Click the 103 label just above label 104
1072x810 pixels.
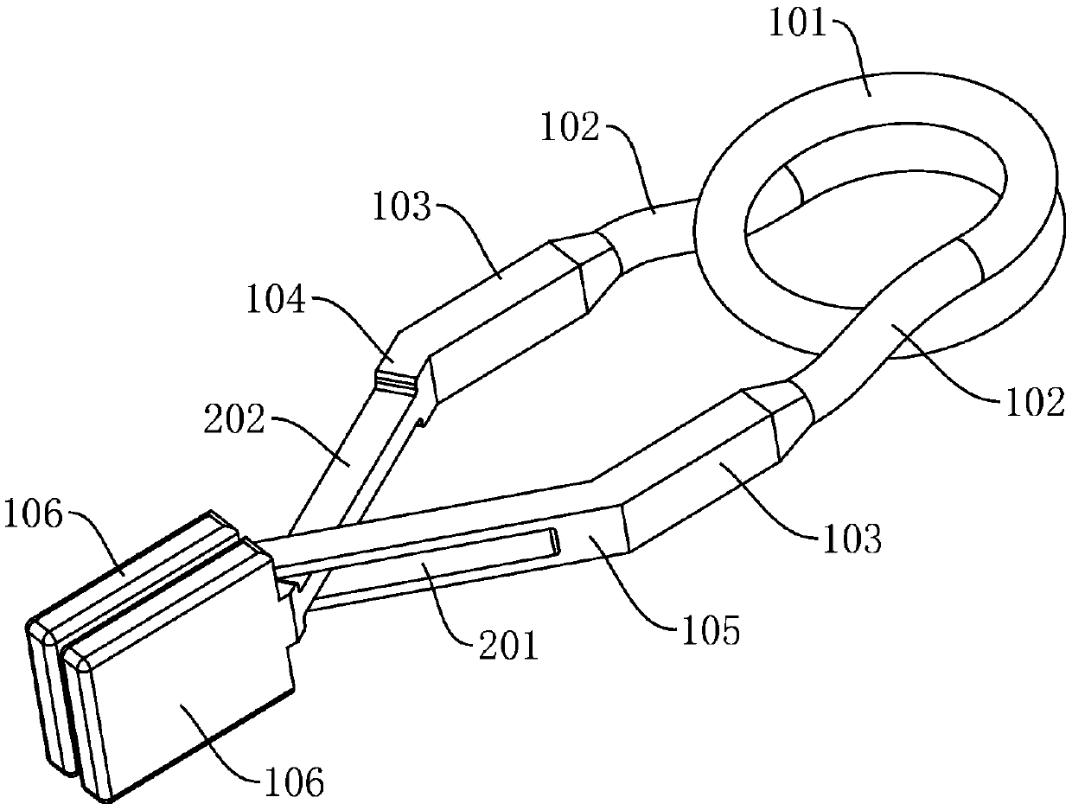coord(403,209)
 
